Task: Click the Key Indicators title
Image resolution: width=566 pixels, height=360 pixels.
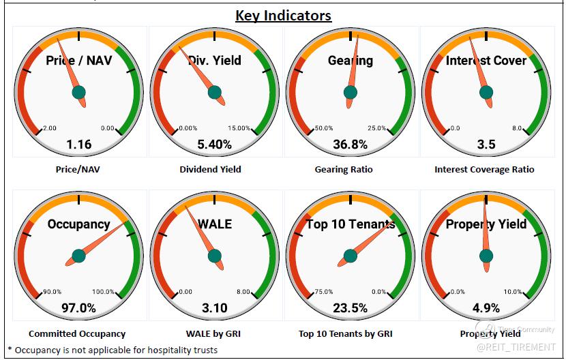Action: coord(283,15)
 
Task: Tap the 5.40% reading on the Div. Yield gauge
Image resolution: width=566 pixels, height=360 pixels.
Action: coord(215,144)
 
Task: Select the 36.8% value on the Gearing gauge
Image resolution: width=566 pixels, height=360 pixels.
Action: coord(351,144)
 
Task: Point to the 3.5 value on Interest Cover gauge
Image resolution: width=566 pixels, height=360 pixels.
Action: coord(486,144)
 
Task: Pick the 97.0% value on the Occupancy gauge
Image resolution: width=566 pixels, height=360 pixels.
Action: coord(78,307)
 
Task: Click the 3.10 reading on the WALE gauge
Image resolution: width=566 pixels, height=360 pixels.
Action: coord(215,307)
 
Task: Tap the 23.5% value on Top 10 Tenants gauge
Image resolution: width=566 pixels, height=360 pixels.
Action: coord(351,307)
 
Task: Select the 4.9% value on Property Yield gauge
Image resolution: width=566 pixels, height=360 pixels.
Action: coord(486,307)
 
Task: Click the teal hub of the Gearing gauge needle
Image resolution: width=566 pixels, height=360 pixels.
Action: coord(351,92)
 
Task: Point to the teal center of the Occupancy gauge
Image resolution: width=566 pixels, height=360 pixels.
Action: coord(78,256)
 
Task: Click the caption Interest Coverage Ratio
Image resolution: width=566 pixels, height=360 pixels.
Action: coord(484,169)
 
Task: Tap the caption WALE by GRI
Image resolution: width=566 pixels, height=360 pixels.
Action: coord(214,333)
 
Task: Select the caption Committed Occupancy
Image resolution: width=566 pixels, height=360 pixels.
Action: coord(77,333)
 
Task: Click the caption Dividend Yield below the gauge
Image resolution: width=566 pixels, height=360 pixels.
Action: coord(211,169)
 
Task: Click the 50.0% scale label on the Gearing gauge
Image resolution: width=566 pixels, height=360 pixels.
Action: coord(323,128)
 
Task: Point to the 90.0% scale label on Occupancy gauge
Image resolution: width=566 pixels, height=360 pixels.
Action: coord(52,292)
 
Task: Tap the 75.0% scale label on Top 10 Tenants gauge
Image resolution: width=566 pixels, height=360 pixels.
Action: coord(323,292)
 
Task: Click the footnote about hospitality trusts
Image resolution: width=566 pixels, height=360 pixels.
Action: coord(113,350)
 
